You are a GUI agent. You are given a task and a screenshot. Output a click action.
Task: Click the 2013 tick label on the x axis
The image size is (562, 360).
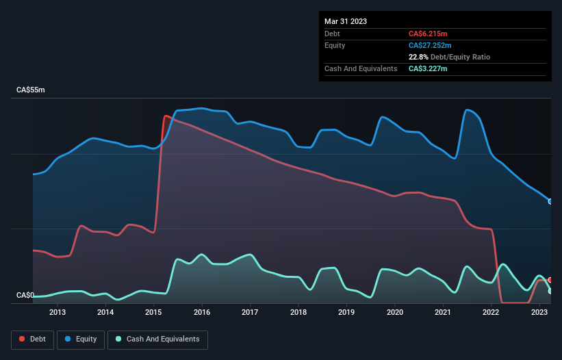pyautogui.click(x=58, y=313)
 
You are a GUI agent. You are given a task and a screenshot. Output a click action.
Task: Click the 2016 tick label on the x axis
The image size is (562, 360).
pyautogui.click(x=202, y=313)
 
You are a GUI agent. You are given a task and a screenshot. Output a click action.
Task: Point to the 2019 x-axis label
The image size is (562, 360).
pyautogui.click(x=346, y=313)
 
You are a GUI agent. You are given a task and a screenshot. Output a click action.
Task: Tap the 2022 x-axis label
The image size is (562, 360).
pyautogui.click(x=491, y=313)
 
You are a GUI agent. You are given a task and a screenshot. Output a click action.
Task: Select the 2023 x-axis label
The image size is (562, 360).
pyautogui.click(x=539, y=313)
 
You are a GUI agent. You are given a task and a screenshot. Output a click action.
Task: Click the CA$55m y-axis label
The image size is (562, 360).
pyautogui.click(x=30, y=90)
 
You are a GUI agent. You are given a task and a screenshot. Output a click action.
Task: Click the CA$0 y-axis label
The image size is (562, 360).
pyautogui.click(x=25, y=296)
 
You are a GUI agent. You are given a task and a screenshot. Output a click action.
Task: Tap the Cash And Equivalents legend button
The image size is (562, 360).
pyautogui.click(x=157, y=339)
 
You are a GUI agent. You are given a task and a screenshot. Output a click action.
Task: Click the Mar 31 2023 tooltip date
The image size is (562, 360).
pyautogui.click(x=346, y=21)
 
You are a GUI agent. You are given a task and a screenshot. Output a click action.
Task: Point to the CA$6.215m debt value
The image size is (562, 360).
pyautogui.click(x=428, y=34)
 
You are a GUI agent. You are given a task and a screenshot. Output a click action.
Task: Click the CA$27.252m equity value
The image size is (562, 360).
pyautogui.click(x=431, y=45)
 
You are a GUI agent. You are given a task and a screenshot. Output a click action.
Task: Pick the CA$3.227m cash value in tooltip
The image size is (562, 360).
pyautogui.click(x=428, y=68)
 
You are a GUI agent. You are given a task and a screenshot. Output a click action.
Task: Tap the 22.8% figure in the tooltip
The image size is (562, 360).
pyautogui.click(x=418, y=57)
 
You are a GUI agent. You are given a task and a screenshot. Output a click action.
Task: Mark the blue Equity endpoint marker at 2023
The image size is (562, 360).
pyautogui.click(x=550, y=201)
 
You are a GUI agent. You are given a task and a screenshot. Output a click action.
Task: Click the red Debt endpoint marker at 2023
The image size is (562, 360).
pyautogui.click(x=550, y=281)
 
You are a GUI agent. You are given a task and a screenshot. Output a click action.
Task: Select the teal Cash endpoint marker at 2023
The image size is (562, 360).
pyautogui.click(x=550, y=292)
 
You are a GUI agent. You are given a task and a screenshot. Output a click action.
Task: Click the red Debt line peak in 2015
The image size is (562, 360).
pyautogui.click(x=165, y=116)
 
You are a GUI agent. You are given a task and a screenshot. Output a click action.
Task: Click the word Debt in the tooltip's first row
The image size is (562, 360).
pyautogui.click(x=333, y=34)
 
